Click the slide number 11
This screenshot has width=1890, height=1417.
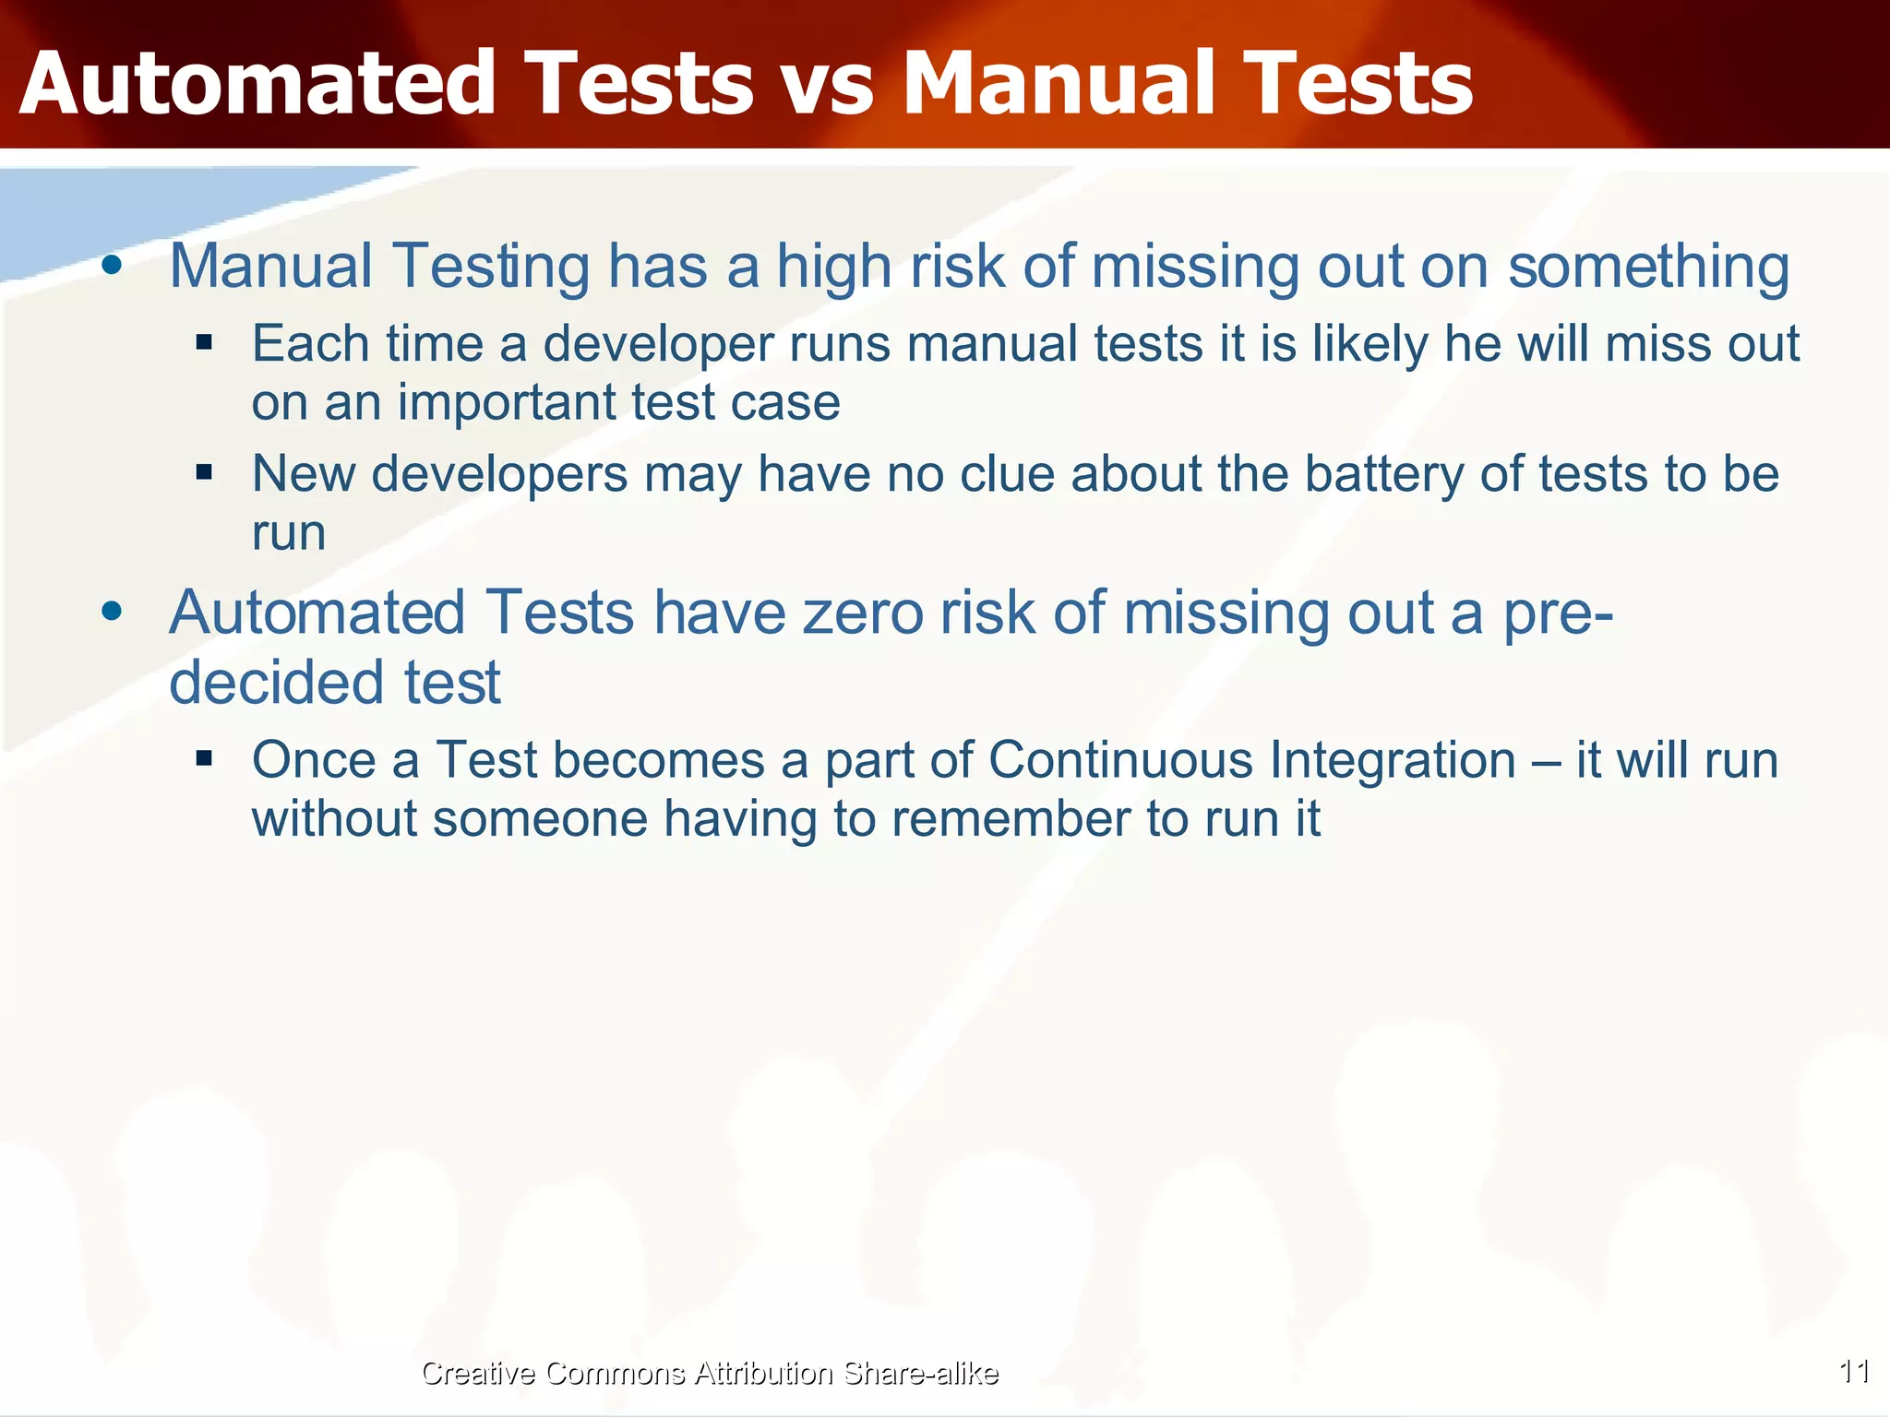coord(1854,1372)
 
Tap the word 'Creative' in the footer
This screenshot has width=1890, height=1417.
coord(478,1373)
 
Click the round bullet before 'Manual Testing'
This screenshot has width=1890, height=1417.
coord(112,266)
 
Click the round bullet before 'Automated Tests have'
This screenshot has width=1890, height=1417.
coord(112,612)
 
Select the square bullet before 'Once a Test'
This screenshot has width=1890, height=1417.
coord(204,759)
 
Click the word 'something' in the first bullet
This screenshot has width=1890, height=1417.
coord(1648,268)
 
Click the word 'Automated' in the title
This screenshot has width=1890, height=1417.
coord(257,85)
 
